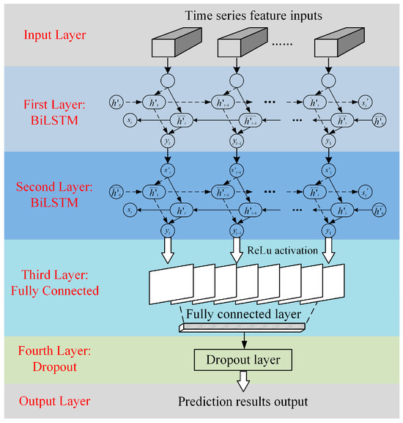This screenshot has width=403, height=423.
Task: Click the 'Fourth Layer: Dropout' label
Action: click(55, 352)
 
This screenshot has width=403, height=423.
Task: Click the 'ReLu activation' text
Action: click(283, 250)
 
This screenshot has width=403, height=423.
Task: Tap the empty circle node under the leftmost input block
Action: click(168, 82)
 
